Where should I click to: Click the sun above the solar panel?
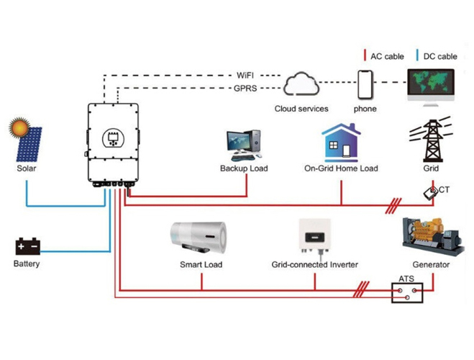click(x=19, y=127)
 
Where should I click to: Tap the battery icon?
click(x=27, y=246)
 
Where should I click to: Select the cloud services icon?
click(x=301, y=84)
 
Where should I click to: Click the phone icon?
click(x=365, y=85)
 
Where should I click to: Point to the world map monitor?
click(x=431, y=87)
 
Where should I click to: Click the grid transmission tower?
click(x=432, y=140)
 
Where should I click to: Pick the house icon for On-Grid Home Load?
click(x=341, y=143)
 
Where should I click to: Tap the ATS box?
click(x=407, y=293)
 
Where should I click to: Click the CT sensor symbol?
click(x=430, y=193)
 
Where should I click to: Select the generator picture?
click(x=432, y=236)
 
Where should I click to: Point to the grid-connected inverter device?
click(x=314, y=237)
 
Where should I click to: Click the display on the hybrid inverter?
click(x=113, y=138)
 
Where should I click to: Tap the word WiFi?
click(x=245, y=75)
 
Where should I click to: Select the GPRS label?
click(x=245, y=89)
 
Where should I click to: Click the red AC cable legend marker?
click(x=365, y=55)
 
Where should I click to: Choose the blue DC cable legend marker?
click(x=417, y=55)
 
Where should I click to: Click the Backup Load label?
click(x=244, y=168)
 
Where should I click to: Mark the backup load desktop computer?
click(x=244, y=145)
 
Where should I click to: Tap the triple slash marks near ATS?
click(x=361, y=289)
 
